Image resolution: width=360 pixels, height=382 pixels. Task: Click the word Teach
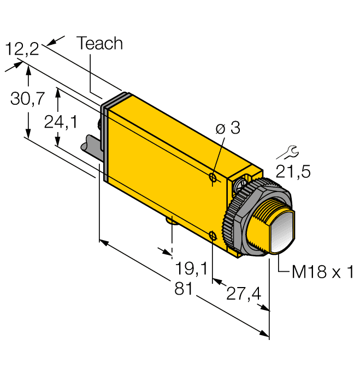[x=100, y=44]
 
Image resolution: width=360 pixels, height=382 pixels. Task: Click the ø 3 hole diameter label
[x=228, y=129]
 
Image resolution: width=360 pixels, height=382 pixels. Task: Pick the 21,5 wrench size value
[x=292, y=172]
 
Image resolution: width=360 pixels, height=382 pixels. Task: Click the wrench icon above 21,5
[x=292, y=152]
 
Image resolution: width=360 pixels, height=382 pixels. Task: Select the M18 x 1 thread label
[x=323, y=272]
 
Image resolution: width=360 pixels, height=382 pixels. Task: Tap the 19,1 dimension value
[x=192, y=268]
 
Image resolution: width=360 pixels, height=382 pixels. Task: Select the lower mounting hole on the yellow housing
[x=213, y=235]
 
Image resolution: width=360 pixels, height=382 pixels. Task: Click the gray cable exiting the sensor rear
[x=89, y=146]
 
